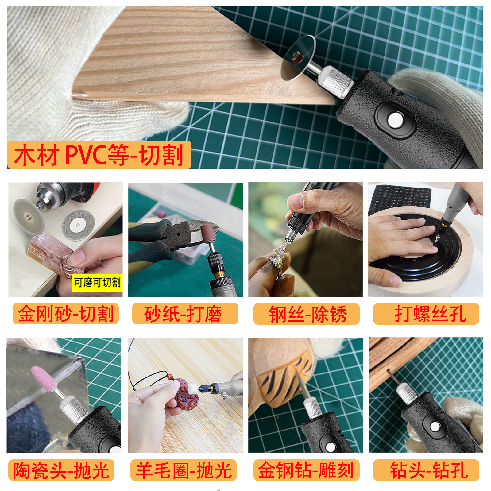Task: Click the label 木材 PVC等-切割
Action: point(99,155)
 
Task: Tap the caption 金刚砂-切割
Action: point(66,314)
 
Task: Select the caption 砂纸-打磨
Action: point(185,314)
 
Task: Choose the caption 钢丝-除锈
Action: point(306,314)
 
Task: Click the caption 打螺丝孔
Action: point(426,314)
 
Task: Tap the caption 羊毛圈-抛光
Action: point(184,470)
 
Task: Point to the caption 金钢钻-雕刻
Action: point(306,470)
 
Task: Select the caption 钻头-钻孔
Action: point(426,470)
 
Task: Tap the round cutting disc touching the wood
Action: point(298,58)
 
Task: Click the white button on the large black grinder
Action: point(395,120)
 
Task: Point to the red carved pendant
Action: point(186,396)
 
